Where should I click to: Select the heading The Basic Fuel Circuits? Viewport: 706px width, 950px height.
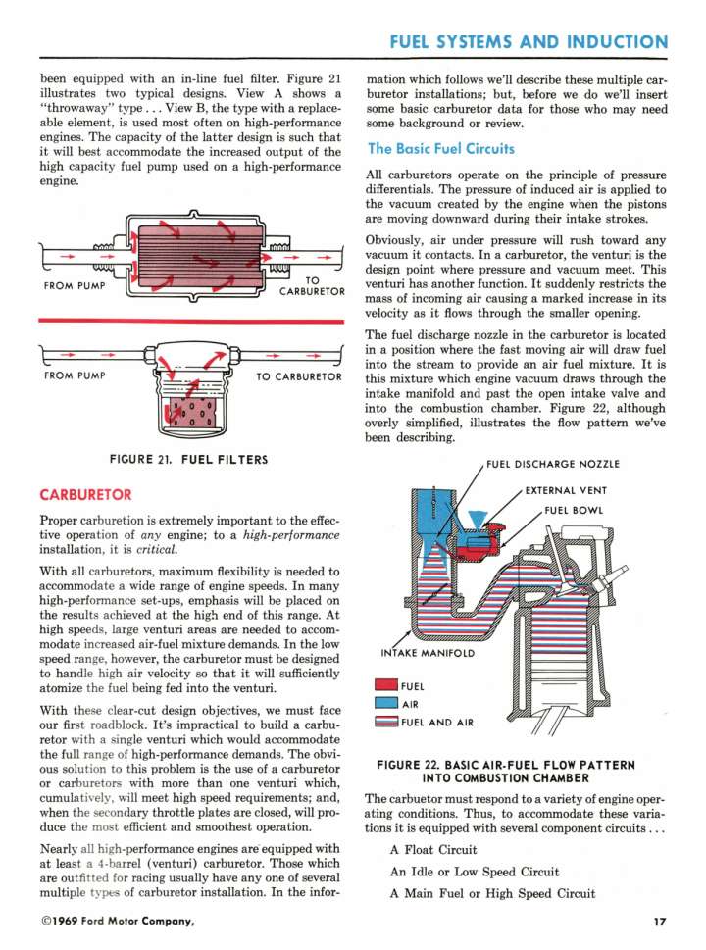click(440, 149)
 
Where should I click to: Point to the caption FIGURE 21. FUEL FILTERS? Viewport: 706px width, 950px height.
click(190, 458)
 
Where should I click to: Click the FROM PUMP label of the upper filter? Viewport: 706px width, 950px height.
click(76, 287)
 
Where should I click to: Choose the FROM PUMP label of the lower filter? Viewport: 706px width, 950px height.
click(76, 375)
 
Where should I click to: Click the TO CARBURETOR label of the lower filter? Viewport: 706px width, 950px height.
click(298, 376)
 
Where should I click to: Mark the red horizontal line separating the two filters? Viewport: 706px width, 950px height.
click(190, 321)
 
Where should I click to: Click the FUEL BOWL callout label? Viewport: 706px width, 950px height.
click(578, 510)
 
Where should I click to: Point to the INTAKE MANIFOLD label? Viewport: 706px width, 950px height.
click(428, 653)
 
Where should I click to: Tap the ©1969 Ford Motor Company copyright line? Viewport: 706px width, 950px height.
click(118, 921)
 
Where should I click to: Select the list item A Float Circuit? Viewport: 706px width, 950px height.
click(433, 849)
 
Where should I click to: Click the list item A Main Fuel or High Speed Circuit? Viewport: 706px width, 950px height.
click(491, 892)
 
